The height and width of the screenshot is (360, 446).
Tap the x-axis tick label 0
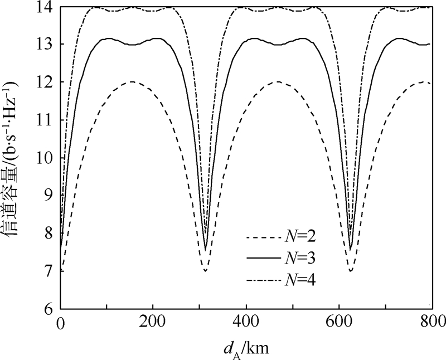(x=60, y=322)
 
